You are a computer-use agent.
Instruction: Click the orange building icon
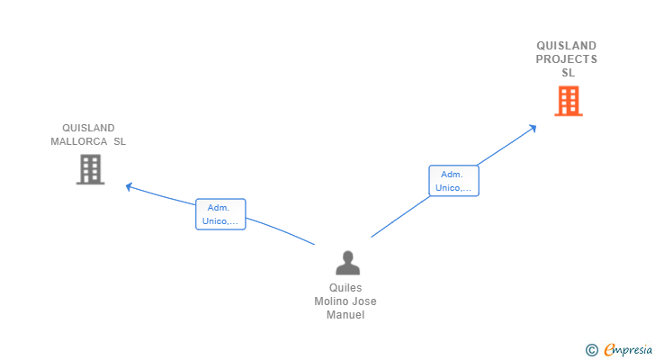(568, 101)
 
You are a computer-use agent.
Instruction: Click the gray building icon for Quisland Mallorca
(90, 169)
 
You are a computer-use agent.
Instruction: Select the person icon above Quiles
(347, 263)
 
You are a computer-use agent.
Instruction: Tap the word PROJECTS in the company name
(566, 59)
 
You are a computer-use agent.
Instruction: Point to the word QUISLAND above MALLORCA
(88, 128)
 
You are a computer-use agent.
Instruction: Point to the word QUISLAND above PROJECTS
(566, 46)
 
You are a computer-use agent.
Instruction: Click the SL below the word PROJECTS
(568, 73)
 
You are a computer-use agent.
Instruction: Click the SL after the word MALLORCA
(120, 142)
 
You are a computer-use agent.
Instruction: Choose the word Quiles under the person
(345, 288)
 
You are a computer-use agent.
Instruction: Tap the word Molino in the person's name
(332, 301)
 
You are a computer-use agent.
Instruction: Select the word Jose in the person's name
(365, 301)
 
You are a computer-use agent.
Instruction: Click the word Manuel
(345, 315)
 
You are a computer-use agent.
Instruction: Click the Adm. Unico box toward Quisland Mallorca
(220, 214)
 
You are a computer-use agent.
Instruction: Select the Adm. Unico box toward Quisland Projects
(453, 181)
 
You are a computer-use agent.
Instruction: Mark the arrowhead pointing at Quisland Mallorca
(129, 186)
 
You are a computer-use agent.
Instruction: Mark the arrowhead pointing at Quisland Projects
(533, 128)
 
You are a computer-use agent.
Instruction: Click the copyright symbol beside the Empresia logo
(591, 350)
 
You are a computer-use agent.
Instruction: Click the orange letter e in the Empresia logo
(609, 350)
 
